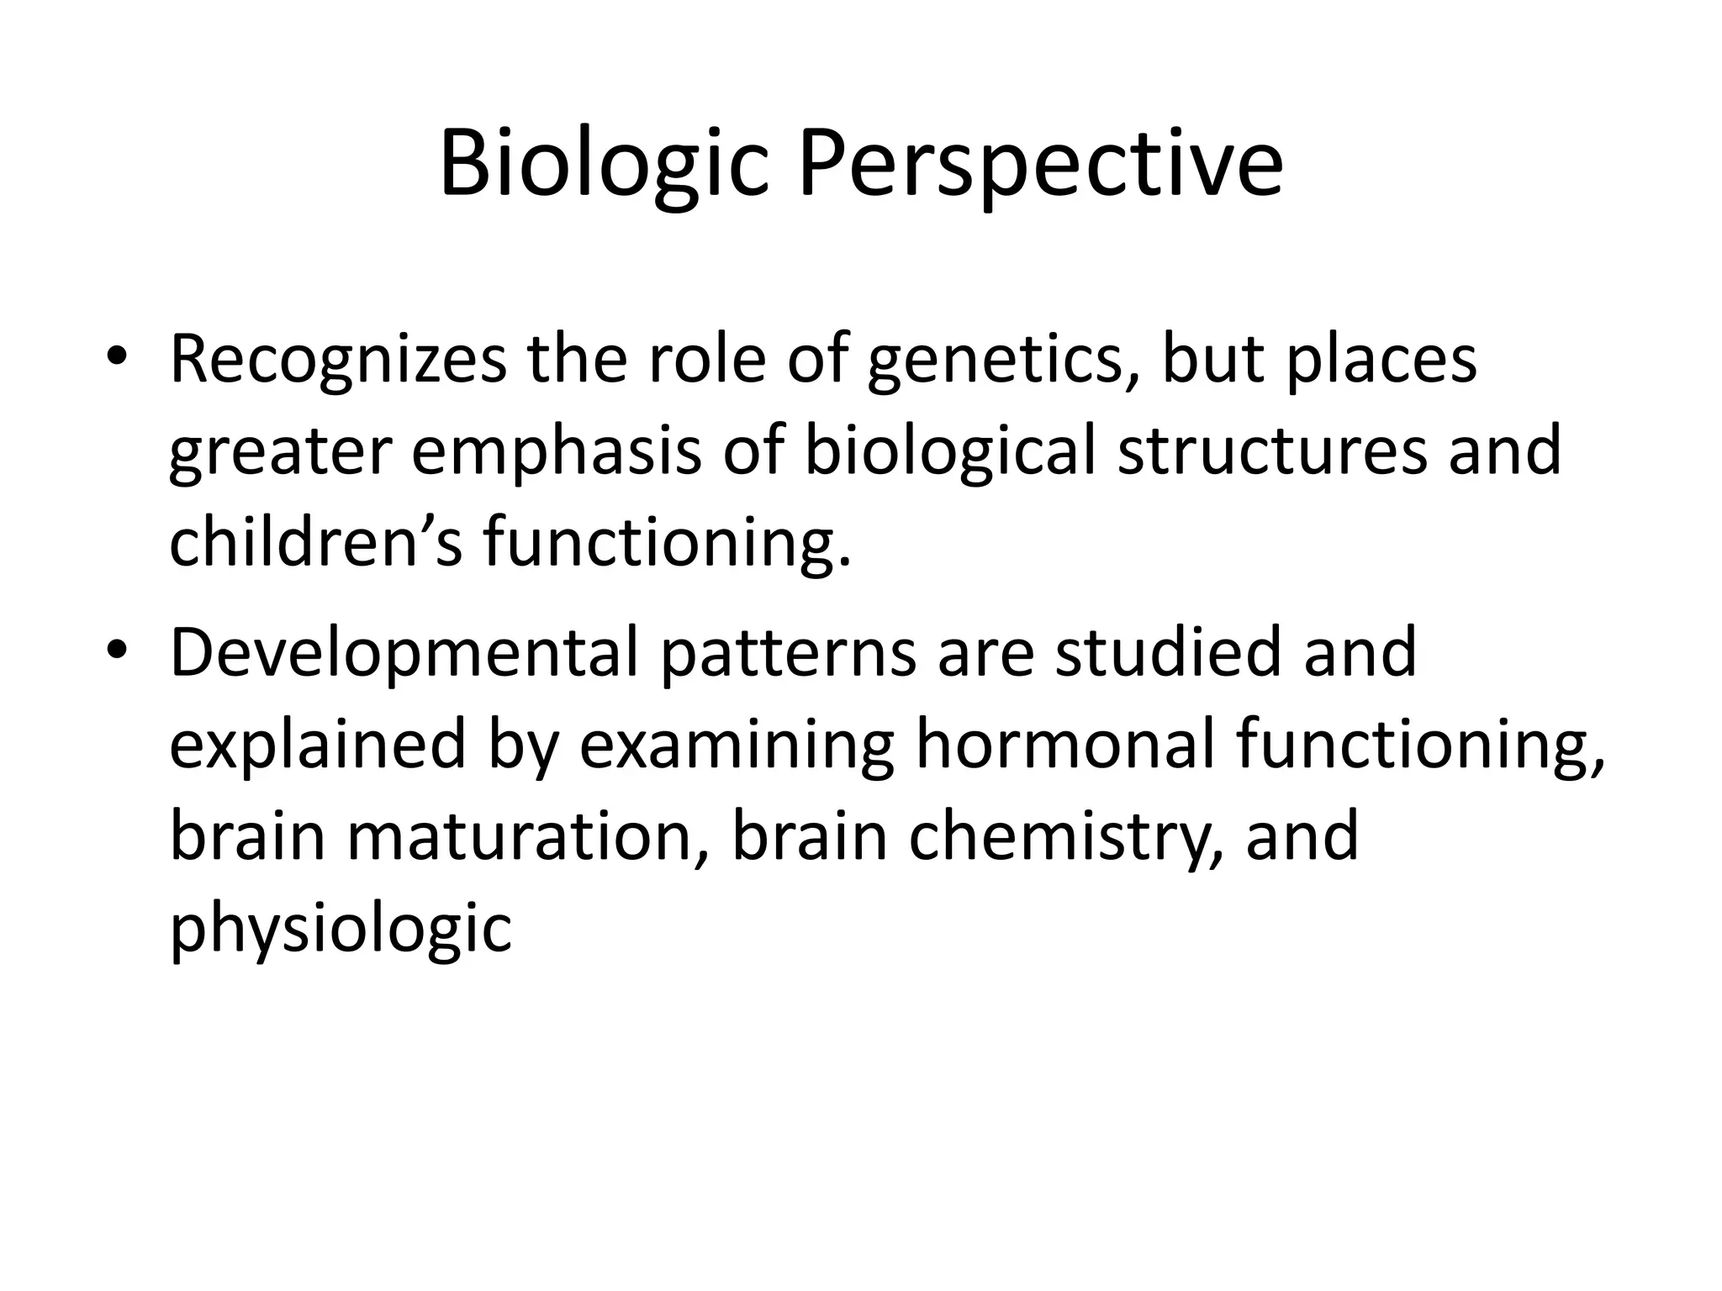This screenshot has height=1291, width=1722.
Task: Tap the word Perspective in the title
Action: coord(1040,164)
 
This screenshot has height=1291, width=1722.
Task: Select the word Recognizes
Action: coord(338,360)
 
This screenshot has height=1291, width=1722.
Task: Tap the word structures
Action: coord(1271,452)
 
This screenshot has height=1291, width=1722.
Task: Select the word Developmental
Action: coord(404,654)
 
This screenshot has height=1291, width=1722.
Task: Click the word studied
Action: coord(1169,654)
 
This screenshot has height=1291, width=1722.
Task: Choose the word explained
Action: coord(318,746)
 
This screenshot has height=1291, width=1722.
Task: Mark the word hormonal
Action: coord(1065,746)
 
